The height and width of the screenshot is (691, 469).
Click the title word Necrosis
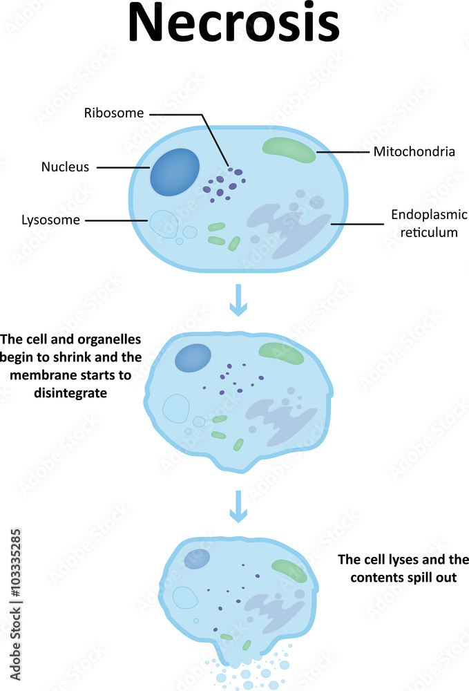(234, 25)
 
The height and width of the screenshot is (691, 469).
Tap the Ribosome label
(114, 113)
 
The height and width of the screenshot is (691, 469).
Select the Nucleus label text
(65, 167)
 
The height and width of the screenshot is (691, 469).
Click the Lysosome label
(50, 220)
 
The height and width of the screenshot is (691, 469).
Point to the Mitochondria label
(414, 151)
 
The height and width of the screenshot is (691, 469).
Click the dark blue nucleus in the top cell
(175, 170)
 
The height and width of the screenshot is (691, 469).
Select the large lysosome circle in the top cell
(164, 224)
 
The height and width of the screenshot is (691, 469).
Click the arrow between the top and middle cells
(238, 300)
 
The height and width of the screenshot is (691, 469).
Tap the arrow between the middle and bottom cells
(238, 506)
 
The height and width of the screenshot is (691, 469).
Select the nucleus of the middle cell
(193, 357)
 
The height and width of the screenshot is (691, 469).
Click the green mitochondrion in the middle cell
(280, 353)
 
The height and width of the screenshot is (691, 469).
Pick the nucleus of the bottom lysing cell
(197, 559)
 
